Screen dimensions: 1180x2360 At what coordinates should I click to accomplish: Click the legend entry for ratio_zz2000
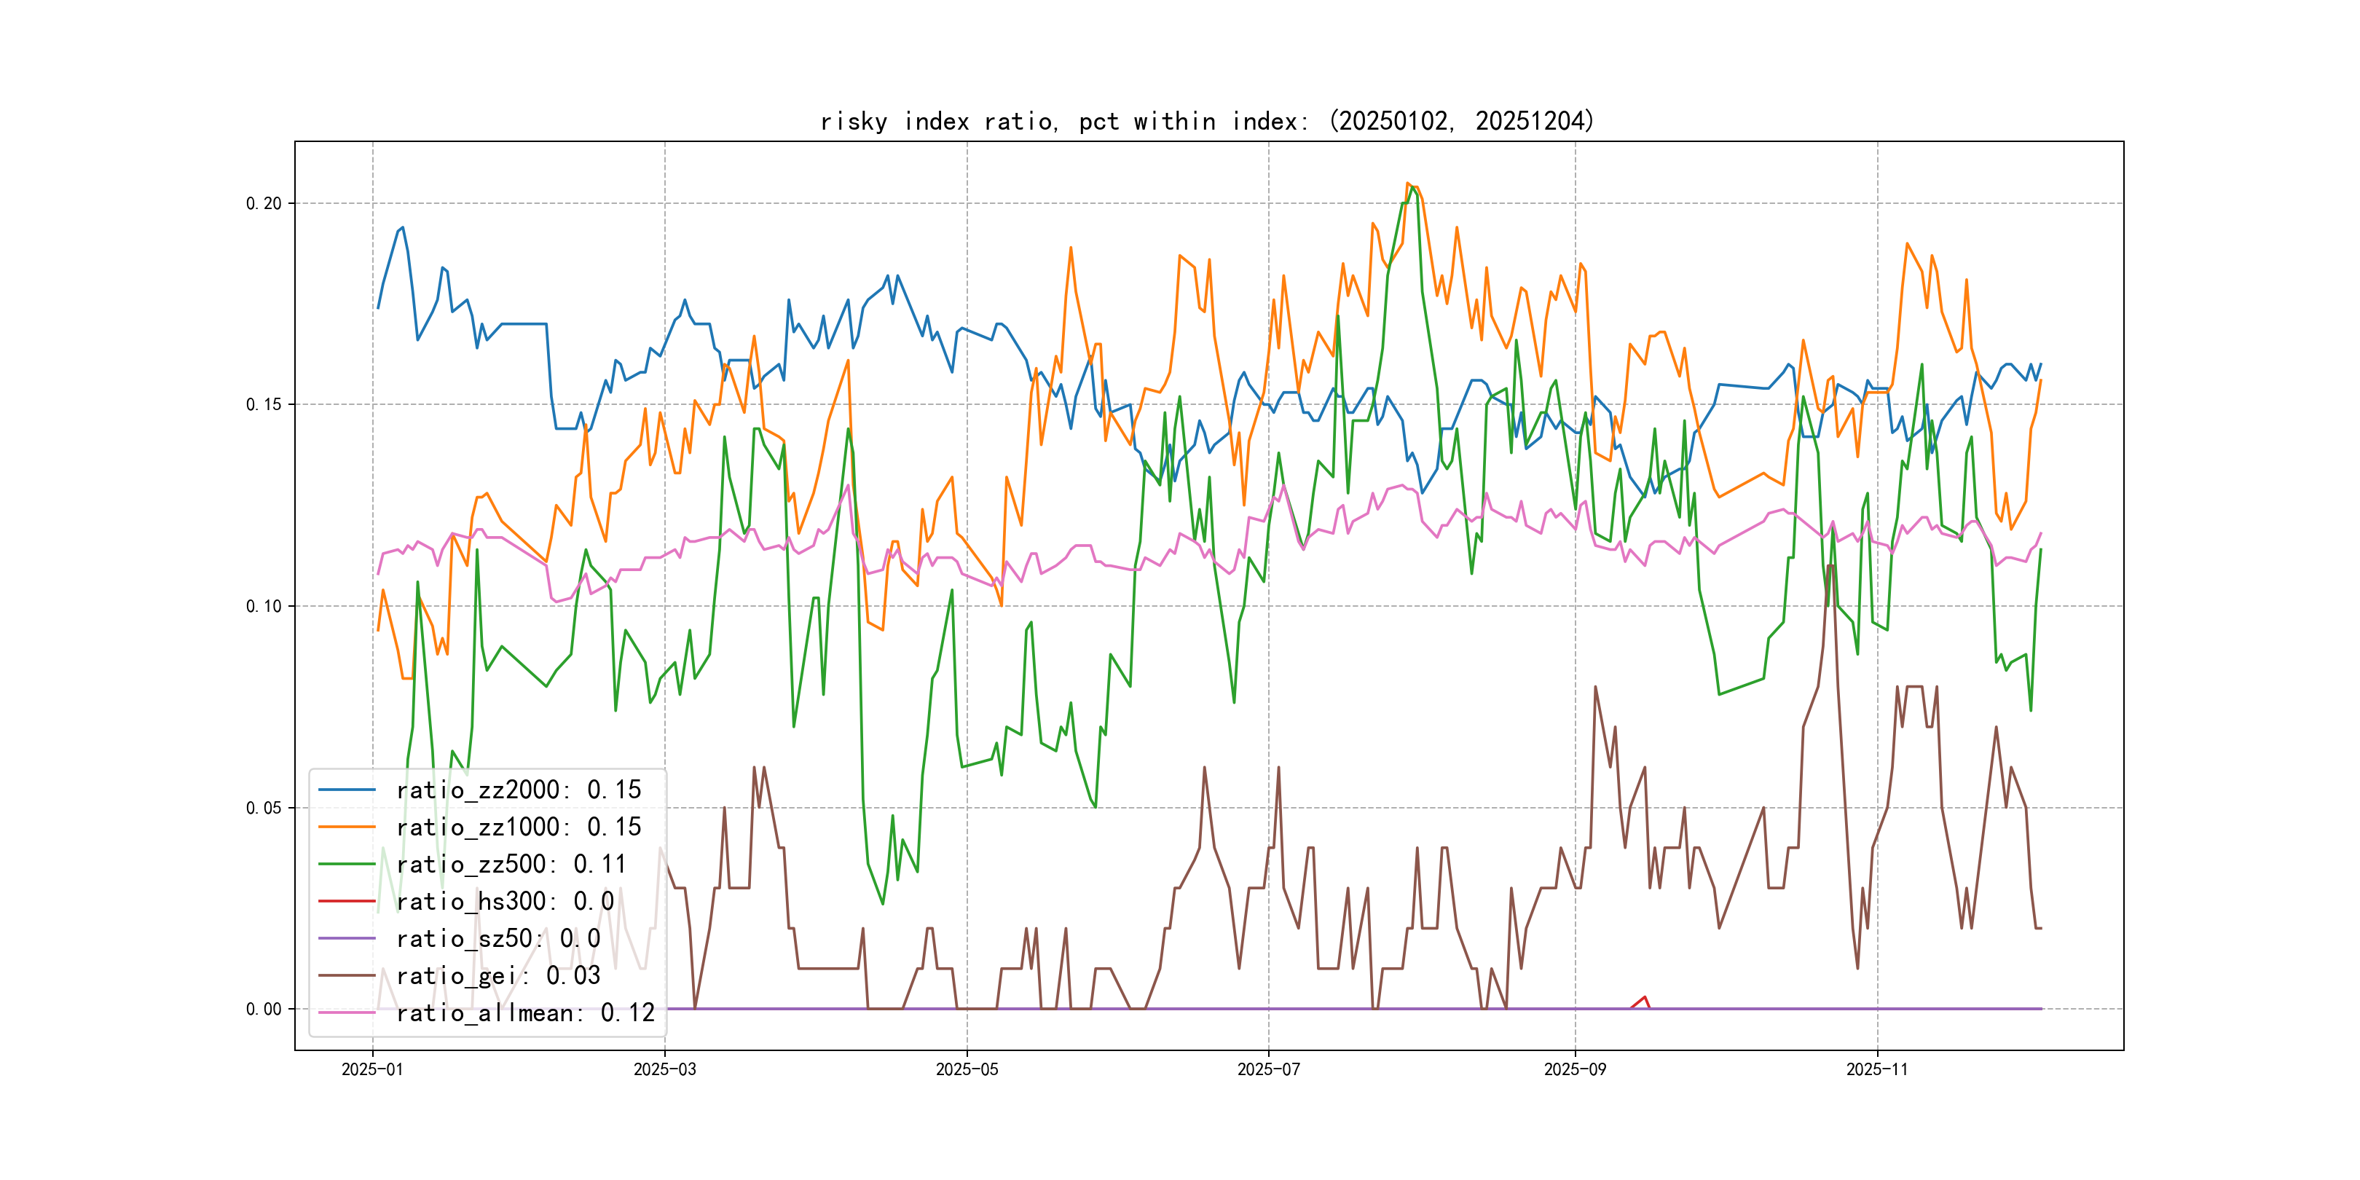pos(518,790)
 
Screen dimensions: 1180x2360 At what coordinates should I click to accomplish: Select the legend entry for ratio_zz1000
pos(518,827)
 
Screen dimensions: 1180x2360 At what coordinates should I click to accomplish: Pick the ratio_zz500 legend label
pos(511,864)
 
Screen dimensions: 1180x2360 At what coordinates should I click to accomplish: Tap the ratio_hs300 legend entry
pos(504,902)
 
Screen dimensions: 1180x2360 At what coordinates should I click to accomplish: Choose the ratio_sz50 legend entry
pos(497,939)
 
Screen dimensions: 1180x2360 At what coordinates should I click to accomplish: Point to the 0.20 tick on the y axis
pos(263,203)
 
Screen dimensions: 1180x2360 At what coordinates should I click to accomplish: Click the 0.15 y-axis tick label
pos(263,405)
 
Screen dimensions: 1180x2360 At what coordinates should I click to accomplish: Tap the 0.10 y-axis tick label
pos(263,607)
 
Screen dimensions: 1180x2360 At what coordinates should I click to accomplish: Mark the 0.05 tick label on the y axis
pos(263,808)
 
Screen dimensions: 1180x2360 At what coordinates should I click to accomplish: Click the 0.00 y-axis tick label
pos(263,1010)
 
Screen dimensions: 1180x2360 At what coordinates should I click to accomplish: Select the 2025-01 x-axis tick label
pos(372,1069)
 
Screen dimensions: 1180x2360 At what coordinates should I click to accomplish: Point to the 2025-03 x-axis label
pos(664,1069)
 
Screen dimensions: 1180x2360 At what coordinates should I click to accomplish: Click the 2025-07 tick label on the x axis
pos(1268,1069)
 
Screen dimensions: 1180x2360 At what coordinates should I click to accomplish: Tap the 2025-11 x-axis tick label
pos(1876,1069)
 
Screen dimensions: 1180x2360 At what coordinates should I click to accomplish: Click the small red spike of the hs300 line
pos(1645,998)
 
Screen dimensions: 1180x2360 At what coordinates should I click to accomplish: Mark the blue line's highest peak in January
pos(402,228)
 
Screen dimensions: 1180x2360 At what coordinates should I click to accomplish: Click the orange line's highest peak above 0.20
pos(1407,184)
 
